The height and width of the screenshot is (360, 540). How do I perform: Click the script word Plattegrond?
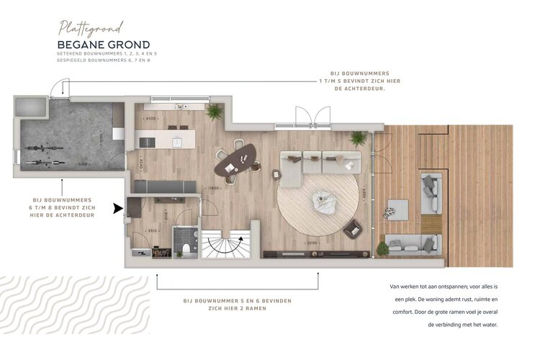91,28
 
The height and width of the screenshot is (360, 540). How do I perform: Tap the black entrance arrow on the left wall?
117,209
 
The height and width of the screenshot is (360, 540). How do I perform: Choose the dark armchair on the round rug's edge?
353,229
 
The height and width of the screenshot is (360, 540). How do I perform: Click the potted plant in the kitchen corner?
214,112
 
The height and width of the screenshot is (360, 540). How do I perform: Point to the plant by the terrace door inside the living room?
358,138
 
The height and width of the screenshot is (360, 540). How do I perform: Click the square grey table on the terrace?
396,209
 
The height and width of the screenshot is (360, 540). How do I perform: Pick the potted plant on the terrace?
383,248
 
